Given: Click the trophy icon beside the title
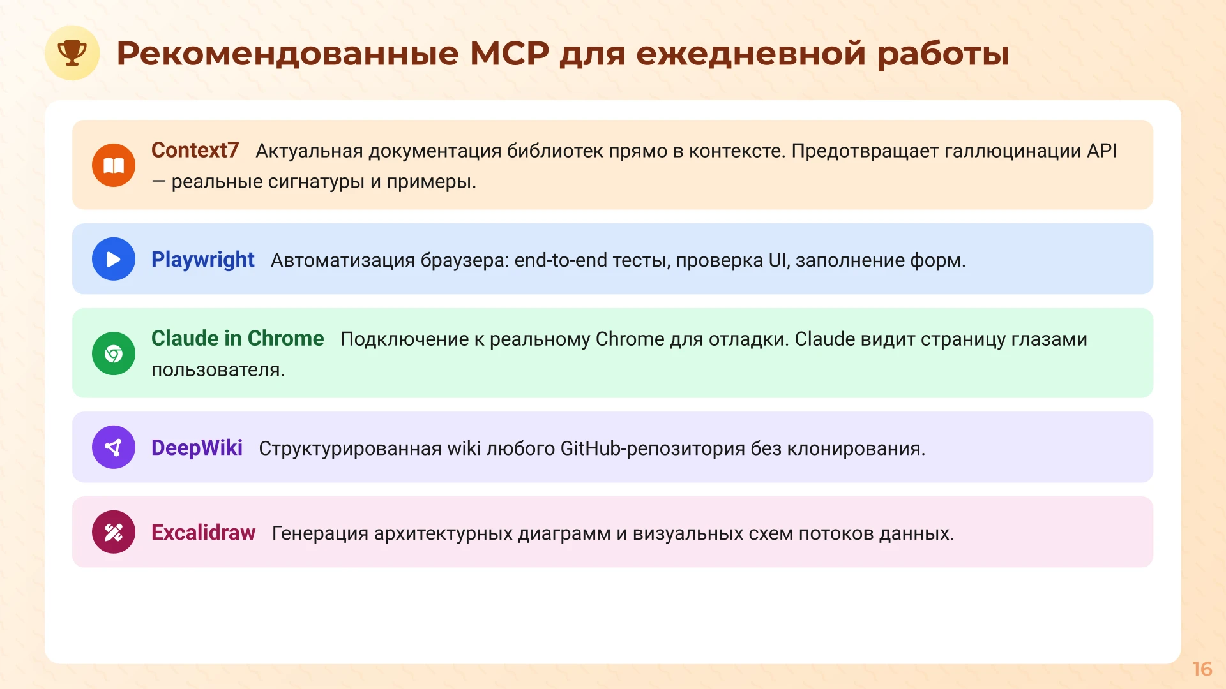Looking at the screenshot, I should pyautogui.click(x=72, y=53).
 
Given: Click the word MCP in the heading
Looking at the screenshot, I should pyautogui.click(x=509, y=53).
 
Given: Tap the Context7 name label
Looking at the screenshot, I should pyautogui.click(x=195, y=151).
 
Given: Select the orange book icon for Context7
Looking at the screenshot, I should pyautogui.click(x=114, y=165).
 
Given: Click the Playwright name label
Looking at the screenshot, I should pyautogui.click(x=202, y=260).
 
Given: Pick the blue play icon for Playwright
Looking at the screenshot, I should pyautogui.click(x=114, y=259).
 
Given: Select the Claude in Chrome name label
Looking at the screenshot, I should pyautogui.click(x=238, y=339).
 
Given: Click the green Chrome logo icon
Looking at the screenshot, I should pyautogui.click(x=114, y=353).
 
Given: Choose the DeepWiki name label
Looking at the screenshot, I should pyautogui.click(x=197, y=448).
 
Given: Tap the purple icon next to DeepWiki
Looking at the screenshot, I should pyautogui.click(x=114, y=447).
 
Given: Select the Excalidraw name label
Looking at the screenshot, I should pyautogui.click(x=203, y=533).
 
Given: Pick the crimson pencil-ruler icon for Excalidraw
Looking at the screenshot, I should pyautogui.click(x=114, y=532).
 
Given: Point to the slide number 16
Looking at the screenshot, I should pyautogui.click(x=1202, y=669).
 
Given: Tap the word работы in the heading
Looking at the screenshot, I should pyautogui.click(x=942, y=53).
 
